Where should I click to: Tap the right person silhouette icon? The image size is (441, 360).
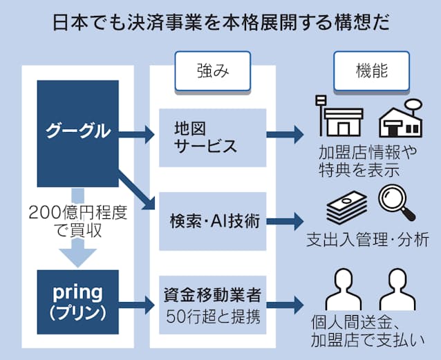click(x=399, y=290)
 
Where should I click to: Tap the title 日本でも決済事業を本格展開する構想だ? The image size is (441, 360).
click(x=220, y=22)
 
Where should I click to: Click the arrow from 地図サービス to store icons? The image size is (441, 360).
click(x=283, y=135)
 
